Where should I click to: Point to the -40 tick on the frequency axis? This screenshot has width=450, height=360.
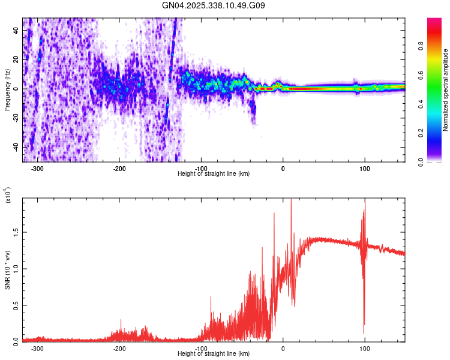[x=16, y=148]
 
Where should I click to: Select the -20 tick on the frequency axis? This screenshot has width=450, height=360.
[x=16, y=118]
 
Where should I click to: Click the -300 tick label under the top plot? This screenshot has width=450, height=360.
[x=37, y=169]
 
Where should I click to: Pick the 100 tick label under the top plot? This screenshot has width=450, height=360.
[x=364, y=169]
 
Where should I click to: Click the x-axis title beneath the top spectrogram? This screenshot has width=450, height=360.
[x=214, y=174]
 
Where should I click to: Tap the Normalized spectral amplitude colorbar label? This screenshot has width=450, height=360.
[x=446, y=89]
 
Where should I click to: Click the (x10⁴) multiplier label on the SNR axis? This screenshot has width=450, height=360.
[x=8, y=196]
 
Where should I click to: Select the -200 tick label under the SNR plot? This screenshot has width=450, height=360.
[x=119, y=349]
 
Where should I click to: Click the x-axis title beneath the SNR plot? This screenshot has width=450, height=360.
[x=214, y=353]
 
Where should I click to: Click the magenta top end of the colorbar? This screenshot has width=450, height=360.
[x=434, y=21]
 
